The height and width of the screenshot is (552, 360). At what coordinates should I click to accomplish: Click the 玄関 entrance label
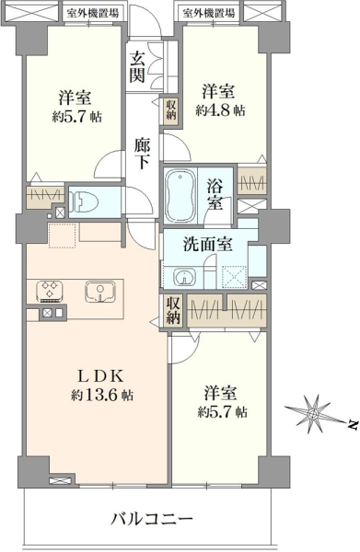136,66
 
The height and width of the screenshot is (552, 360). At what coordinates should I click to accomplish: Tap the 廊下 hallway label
142,154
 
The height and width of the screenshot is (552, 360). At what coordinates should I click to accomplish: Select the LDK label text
100,377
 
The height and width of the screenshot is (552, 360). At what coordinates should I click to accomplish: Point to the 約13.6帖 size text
102,395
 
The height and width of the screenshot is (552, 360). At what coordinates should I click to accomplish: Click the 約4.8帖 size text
220,110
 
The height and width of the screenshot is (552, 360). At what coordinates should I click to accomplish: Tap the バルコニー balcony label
153,519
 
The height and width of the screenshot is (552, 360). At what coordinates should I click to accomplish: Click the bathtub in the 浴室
180,194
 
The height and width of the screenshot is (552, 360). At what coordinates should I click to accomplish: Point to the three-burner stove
50,292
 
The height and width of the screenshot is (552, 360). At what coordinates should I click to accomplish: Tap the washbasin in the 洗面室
184,278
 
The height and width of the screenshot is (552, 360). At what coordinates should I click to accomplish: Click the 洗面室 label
207,244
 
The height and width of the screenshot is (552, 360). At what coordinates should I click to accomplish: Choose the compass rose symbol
312,413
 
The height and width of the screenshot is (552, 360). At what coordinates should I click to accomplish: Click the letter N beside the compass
351,424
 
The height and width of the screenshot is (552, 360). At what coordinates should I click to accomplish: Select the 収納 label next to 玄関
171,109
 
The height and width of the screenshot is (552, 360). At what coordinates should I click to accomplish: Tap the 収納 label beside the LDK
173,310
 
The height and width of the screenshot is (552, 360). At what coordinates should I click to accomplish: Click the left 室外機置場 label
93,14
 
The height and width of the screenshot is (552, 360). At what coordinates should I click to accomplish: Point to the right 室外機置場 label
209,14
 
